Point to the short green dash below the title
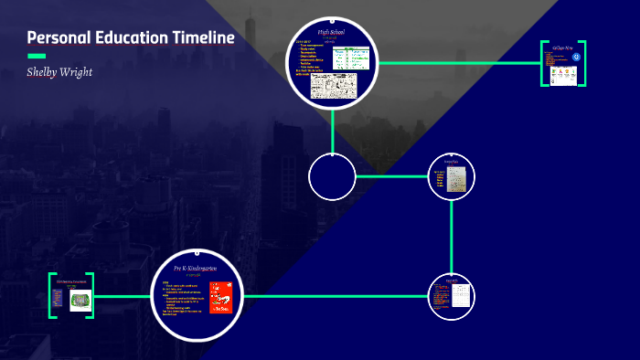[x=37, y=56]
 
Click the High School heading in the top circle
[x=330, y=33]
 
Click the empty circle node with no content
[x=332, y=177]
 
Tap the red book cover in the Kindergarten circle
[x=220, y=297]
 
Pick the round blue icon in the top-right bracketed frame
[x=576, y=58]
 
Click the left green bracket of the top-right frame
[x=543, y=63]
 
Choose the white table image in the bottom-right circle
[x=462, y=296]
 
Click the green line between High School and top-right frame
[x=457, y=63]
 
